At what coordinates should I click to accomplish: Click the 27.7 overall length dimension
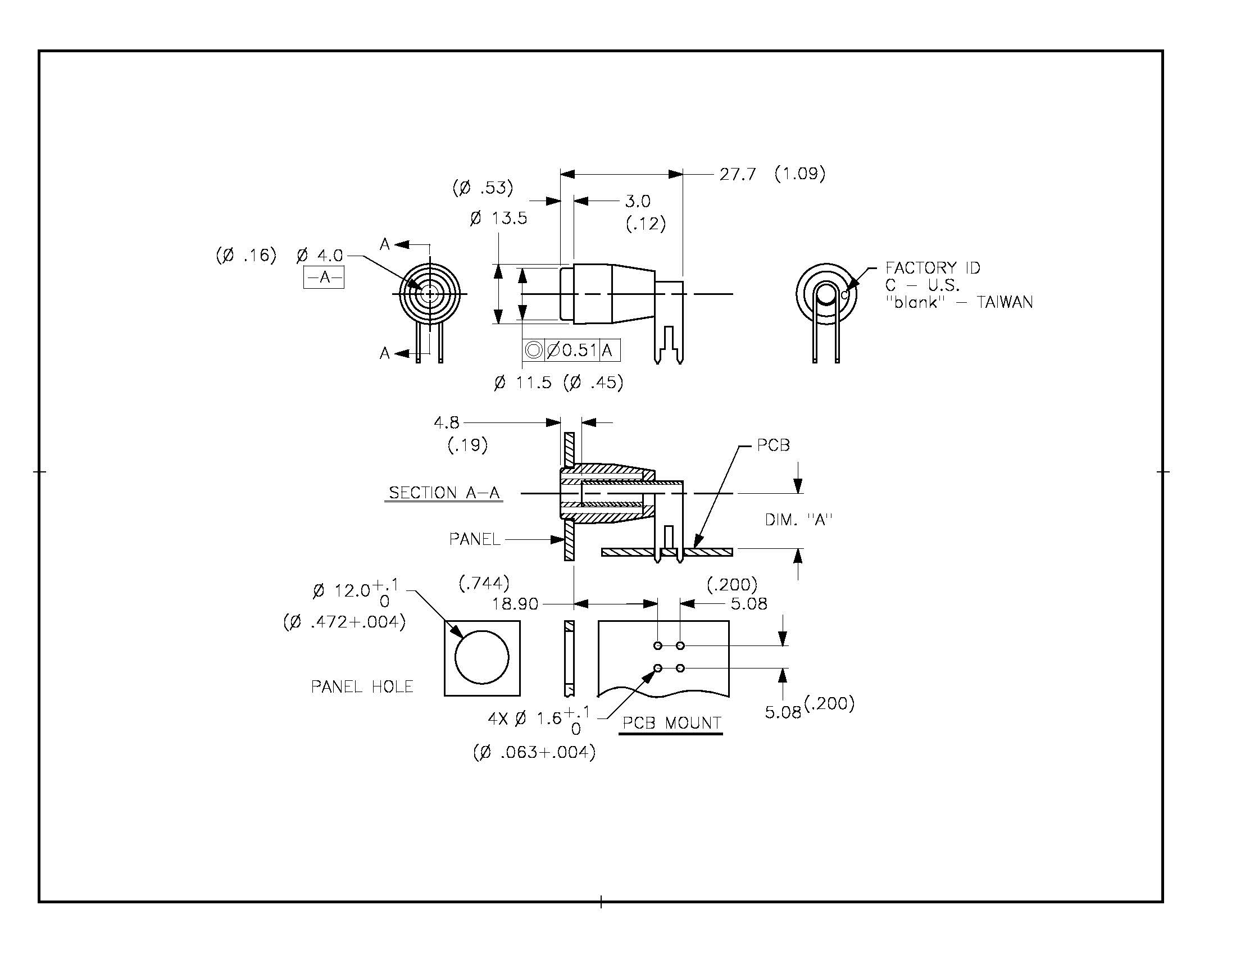(x=738, y=174)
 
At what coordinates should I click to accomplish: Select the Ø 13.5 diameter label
(x=498, y=219)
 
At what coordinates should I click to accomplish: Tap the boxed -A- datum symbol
(x=324, y=278)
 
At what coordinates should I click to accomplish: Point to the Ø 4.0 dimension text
(x=320, y=256)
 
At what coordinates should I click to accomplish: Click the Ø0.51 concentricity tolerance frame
(x=571, y=350)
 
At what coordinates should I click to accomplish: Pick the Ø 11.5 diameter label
(x=523, y=383)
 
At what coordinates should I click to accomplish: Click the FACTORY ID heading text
(x=933, y=267)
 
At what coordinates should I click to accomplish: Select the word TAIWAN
(x=1005, y=302)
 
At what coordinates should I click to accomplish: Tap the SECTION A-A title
(x=444, y=493)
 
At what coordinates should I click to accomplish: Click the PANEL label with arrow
(x=475, y=539)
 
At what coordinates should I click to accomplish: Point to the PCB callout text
(x=773, y=446)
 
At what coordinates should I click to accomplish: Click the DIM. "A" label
(x=798, y=520)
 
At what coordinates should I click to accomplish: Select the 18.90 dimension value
(x=515, y=604)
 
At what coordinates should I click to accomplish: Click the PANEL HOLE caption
(x=362, y=687)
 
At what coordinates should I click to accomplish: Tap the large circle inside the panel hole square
(x=481, y=658)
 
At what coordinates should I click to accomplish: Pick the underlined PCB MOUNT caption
(x=671, y=723)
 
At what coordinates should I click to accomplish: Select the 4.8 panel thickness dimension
(x=447, y=422)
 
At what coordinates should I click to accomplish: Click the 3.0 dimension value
(x=638, y=202)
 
